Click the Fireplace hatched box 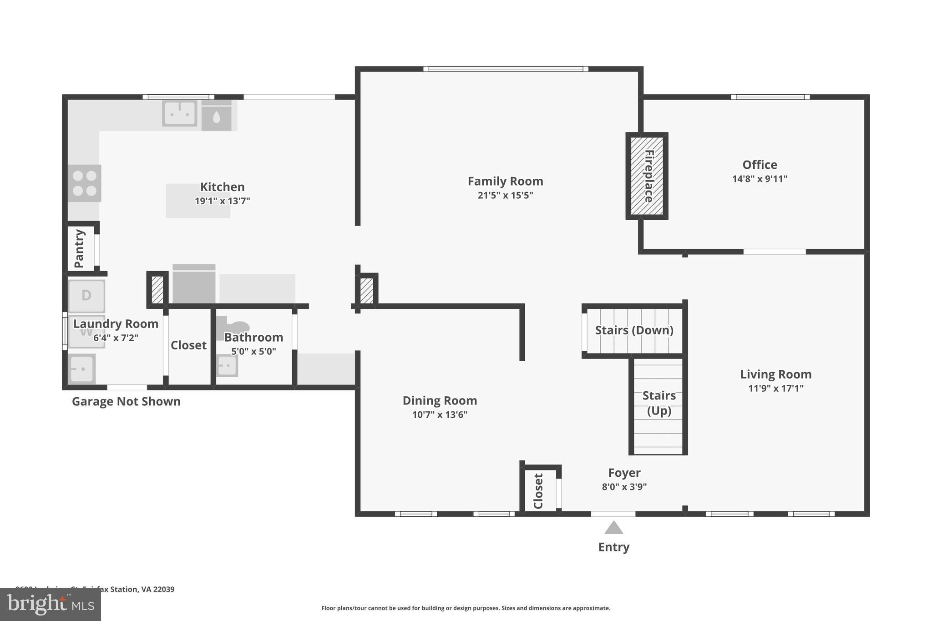pyautogui.click(x=647, y=176)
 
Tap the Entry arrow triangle pyautogui.click(x=613, y=528)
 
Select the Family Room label pyautogui.click(x=505, y=181)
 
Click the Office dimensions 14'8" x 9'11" pyautogui.click(x=760, y=179)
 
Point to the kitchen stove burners pyautogui.click(x=85, y=183)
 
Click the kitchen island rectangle pyautogui.click(x=198, y=201)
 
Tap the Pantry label pyautogui.click(x=79, y=248)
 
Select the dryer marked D pyautogui.click(x=86, y=296)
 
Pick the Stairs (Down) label pyautogui.click(x=634, y=330)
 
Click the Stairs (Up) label pyautogui.click(x=658, y=403)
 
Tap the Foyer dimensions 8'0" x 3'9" pyautogui.click(x=624, y=487)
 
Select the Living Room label pyautogui.click(x=775, y=374)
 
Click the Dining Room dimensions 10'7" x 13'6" pyautogui.click(x=440, y=414)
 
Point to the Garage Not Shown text pyautogui.click(x=126, y=401)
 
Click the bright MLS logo pyautogui.click(x=51, y=604)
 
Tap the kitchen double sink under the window pyautogui.click(x=180, y=113)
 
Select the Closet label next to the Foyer pyautogui.click(x=538, y=491)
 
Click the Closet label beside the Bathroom pyautogui.click(x=188, y=345)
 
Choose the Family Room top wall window pyautogui.click(x=505, y=69)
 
